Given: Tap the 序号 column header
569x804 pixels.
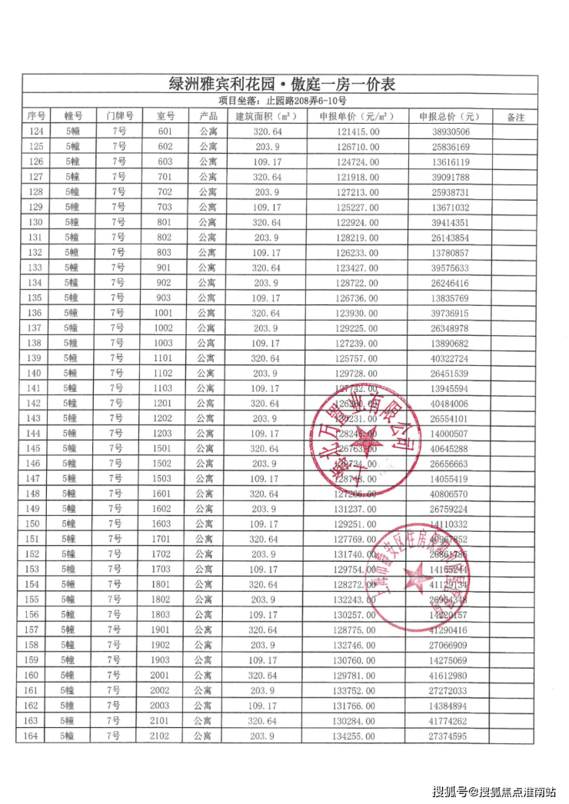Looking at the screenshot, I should click(36, 117).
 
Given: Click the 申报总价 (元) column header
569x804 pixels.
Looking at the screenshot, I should click(449, 117).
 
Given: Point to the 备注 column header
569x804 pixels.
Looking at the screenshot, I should click(516, 117).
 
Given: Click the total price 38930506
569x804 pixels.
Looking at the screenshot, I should click(449, 131).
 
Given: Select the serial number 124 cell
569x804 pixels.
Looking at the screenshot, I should click(36, 131).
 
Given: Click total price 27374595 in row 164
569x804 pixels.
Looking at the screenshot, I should click(449, 736).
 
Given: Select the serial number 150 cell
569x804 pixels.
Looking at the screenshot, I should click(36, 524).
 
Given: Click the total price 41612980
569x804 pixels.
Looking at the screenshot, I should click(449, 676).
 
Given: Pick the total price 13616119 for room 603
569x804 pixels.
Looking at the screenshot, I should click(449, 162).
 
